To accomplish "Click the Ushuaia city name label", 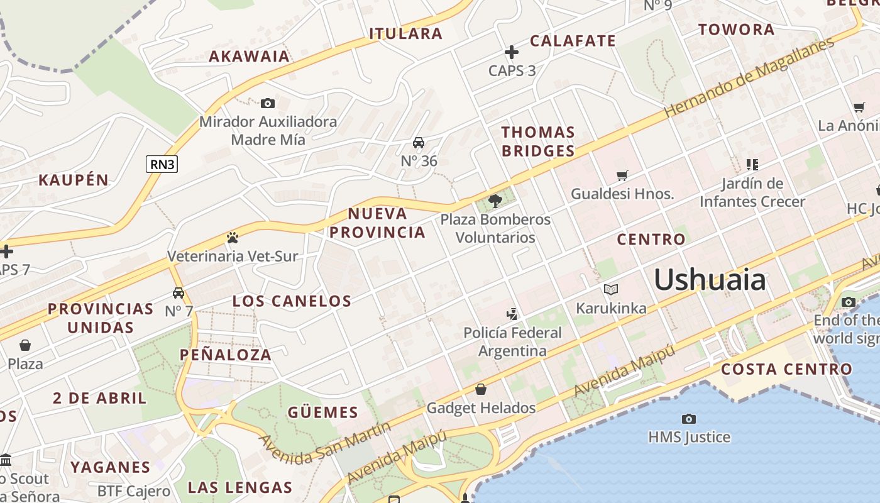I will (x=710, y=280).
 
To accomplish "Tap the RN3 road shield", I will (x=162, y=165).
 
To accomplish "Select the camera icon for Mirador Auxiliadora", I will (x=268, y=103).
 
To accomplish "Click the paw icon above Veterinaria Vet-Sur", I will (x=233, y=238).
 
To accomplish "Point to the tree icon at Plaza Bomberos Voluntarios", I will (x=495, y=201).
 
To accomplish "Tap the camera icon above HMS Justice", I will (x=689, y=419).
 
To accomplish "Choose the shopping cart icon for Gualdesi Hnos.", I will (x=622, y=175).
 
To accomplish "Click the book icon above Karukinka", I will (x=611, y=289).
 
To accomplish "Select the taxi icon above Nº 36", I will (x=419, y=143).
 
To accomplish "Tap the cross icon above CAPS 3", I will (x=512, y=52).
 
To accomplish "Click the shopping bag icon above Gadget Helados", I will (x=481, y=390).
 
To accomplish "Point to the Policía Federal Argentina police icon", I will (x=512, y=314).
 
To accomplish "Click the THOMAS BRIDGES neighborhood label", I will (x=538, y=141).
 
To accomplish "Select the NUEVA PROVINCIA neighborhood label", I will (x=377, y=223).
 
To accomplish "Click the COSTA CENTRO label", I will (x=786, y=369).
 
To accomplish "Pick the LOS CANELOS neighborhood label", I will (x=292, y=301).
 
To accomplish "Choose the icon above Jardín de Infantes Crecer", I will (x=752, y=165).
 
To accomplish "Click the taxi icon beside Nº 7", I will (x=179, y=293).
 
